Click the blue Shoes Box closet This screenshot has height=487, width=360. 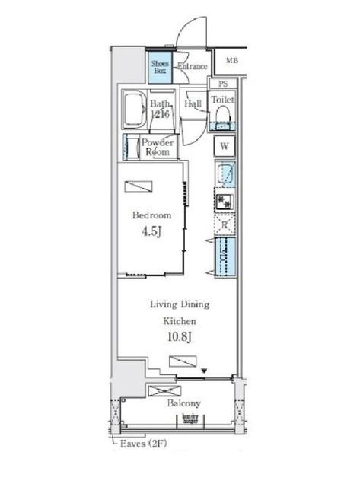[160, 66]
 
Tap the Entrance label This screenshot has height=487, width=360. [192, 67]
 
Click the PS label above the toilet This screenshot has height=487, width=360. [223, 84]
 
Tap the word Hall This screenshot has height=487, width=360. [193, 103]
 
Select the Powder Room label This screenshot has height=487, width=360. [158, 147]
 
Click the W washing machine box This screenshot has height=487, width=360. [225, 146]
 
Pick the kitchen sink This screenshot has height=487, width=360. [226, 176]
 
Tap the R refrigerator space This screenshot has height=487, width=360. [225, 225]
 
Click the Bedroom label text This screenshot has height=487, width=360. [151, 215]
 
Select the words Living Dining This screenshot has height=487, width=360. [178, 304]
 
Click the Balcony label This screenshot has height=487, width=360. [183, 403]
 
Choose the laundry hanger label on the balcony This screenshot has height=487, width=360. [190, 418]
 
